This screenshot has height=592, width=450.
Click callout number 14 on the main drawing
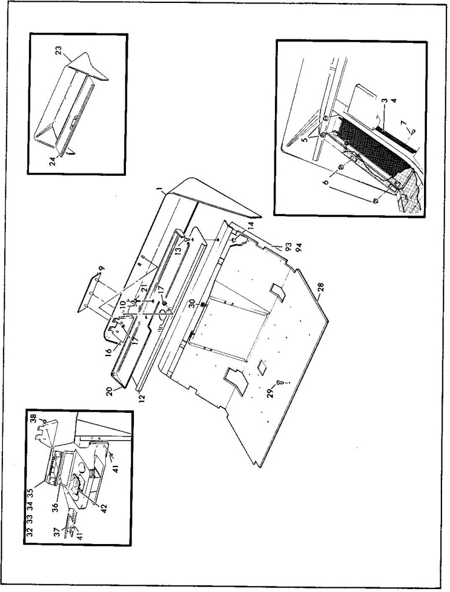(251, 226)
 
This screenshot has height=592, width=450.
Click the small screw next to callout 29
(280, 383)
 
